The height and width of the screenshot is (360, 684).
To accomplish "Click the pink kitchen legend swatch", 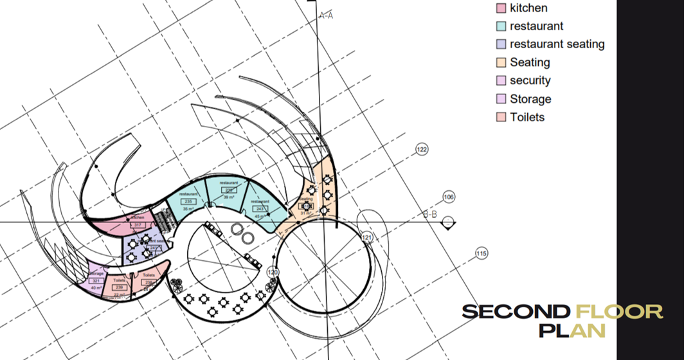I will (x=501, y=8).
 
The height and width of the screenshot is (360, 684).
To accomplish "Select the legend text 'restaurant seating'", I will (x=557, y=44).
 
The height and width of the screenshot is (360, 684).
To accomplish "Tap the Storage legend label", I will (x=530, y=99).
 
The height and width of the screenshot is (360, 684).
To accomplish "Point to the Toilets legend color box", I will (x=501, y=117).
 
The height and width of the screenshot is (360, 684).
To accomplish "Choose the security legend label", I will (x=530, y=80).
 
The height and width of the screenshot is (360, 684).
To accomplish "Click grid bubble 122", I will (x=422, y=150).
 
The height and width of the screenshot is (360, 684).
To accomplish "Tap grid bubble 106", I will (x=449, y=197).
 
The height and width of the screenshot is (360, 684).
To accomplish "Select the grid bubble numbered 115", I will (x=481, y=254).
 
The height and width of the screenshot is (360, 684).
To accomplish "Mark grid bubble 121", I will (x=366, y=238).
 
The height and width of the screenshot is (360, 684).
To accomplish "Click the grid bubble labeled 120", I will (x=273, y=273).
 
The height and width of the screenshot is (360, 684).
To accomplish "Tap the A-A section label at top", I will (x=326, y=15).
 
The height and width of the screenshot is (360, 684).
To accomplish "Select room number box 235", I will (x=188, y=202).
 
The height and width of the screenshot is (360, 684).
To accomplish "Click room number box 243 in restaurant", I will (x=260, y=209).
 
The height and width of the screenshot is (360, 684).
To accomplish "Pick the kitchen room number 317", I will (x=138, y=225).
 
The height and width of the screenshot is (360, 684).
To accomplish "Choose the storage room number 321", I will (x=96, y=281).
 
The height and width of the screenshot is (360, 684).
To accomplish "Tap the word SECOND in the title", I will (x=516, y=312).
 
